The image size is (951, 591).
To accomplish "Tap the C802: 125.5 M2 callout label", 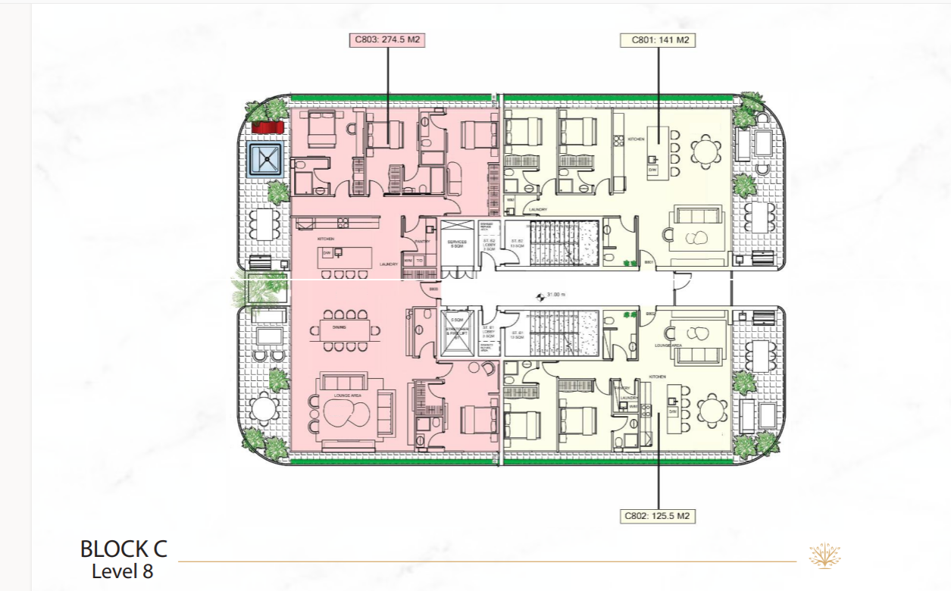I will [657, 516].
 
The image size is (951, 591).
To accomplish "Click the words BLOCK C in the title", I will [124, 549].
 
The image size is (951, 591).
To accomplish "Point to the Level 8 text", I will [122, 571].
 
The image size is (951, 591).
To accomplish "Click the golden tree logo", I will [824, 555].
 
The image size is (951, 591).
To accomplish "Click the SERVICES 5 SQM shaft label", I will [457, 244].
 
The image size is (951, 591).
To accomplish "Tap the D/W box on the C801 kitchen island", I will [652, 170].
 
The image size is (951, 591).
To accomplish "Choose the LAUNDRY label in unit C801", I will [539, 210].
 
